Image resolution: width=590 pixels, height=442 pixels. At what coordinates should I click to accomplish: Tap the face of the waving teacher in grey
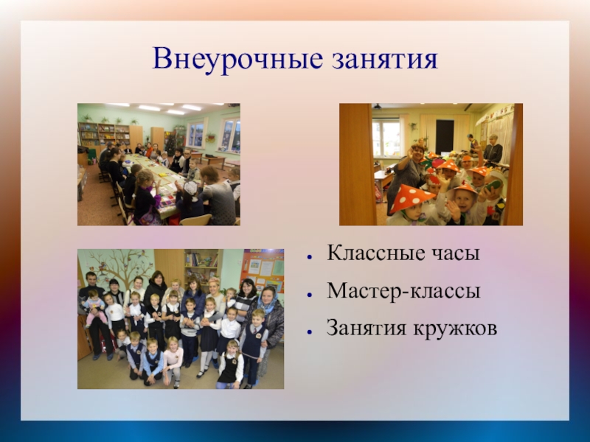click(417, 153)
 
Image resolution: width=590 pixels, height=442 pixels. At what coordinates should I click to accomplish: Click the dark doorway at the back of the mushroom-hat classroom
click(445, 136)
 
